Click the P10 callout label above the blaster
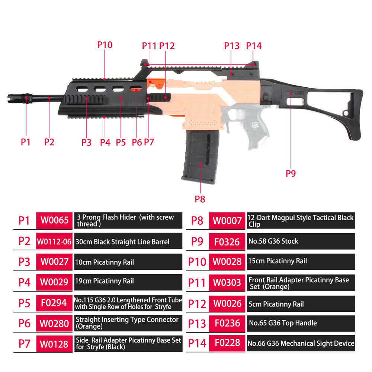[105, 45]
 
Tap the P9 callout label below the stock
[291, 174]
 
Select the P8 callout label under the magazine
[200, 199]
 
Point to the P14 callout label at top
[254, 46]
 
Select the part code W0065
[55, 220]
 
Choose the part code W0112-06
[54, 241]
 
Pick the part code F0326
[227, 242]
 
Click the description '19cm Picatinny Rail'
[105, 281]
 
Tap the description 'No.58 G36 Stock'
[273, 241]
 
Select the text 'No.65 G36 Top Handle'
[283, 323]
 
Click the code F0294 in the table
[54, 303]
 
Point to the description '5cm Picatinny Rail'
[276, 304]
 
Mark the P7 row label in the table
[25, 344]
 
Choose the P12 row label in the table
[197, 304]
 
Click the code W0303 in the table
[227, 283]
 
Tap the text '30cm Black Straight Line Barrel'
[122, 242]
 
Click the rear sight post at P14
[254, 64]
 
